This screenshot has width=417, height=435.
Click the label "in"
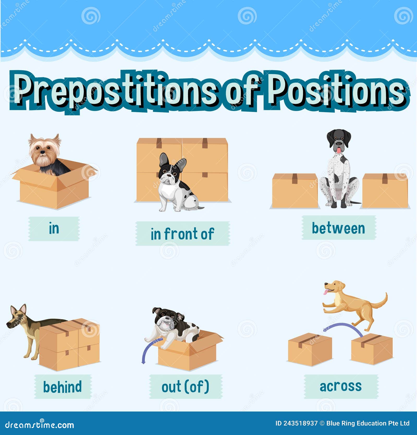pos(54,229)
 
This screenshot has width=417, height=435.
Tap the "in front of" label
pos(182,234)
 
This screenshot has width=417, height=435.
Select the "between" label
pos(339,228)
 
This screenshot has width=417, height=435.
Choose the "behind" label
pos(63,386)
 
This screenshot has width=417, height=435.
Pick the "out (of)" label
pos(185,386)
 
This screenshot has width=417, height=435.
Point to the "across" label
pos(341,386)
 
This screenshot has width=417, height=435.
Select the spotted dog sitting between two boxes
pos(339,170)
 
